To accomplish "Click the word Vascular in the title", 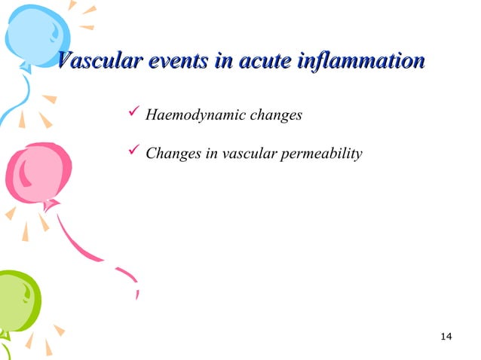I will (x=96, y=61).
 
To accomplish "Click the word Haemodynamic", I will (x=190, y=116).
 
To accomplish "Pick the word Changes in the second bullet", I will (x=170, y=154).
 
